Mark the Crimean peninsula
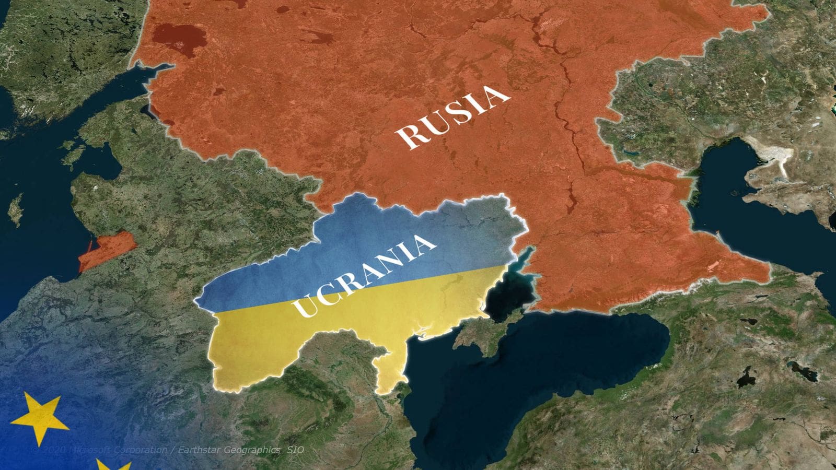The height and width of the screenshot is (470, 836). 483,334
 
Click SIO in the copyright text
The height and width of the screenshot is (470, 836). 295,450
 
